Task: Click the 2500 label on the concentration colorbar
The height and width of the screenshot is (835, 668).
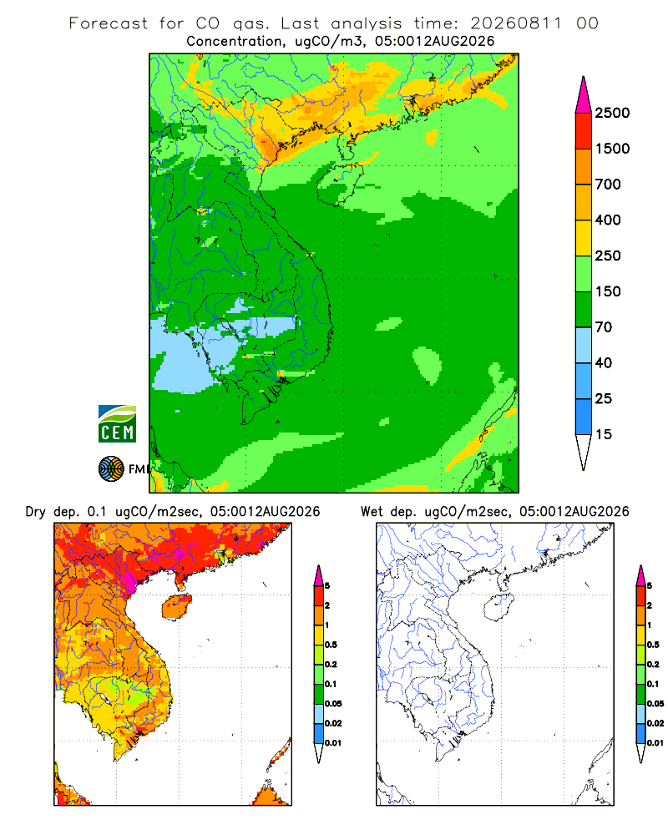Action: pos(612,113)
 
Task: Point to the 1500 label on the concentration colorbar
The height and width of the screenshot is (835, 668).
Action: pos(612,149)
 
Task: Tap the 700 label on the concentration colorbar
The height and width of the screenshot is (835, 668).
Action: pos(608,185)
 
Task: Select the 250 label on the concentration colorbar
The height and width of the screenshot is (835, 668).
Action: pos(608,256)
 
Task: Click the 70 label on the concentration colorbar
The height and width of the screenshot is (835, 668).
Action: pos(604,327)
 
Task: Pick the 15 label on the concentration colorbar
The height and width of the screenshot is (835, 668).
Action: pos(604,434)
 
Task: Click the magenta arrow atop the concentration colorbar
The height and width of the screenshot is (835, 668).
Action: pos(584,95)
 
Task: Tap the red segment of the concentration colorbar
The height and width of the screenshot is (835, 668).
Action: pos(584,131)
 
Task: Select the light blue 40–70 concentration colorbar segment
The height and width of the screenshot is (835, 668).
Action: pos(584,345)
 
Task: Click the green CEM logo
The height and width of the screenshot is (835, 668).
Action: pos(117,424)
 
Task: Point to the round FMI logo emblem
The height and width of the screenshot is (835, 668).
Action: pos(111,469)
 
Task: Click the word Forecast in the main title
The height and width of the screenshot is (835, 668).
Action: pos(109,23)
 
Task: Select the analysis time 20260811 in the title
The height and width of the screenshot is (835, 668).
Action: pos(516,23)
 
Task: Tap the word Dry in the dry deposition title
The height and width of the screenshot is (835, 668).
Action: pos(36,512)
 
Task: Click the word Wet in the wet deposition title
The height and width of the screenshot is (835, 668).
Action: pos(372,512)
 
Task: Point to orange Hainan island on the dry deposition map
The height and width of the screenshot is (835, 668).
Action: pos(177,608)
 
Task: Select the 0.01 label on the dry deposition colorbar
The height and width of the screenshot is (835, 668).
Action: pos(333,743)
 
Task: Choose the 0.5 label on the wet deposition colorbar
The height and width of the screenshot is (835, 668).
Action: pos(653,645)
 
